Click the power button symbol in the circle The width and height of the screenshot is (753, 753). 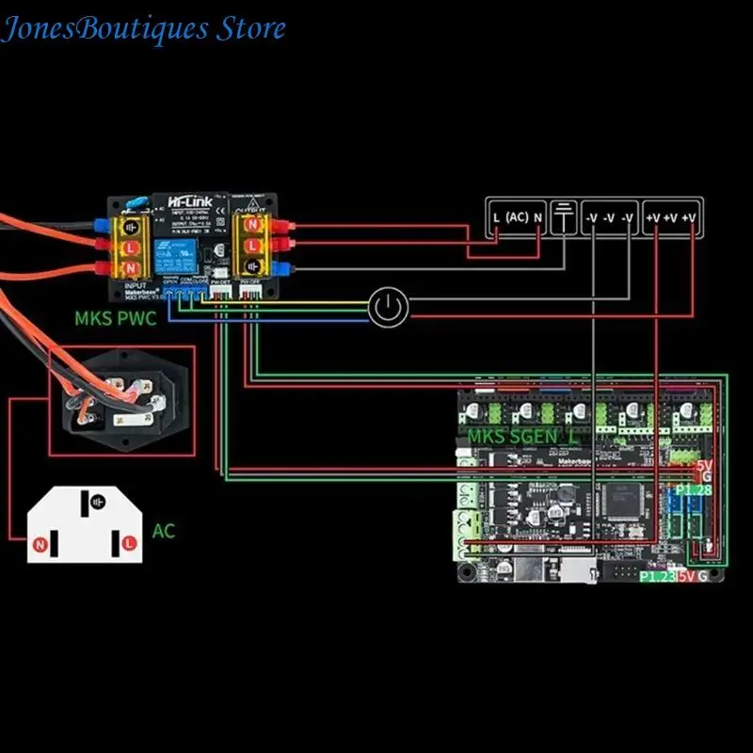[388, 308]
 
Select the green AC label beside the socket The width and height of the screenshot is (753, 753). [164, 532]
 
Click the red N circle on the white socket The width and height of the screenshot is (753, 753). [40, 544]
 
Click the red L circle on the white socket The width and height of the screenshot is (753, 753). [126, 544]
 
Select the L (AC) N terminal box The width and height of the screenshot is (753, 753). [517, 217]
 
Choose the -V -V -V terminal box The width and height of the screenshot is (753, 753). [608, 217]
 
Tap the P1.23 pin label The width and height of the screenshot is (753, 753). [656, 576]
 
